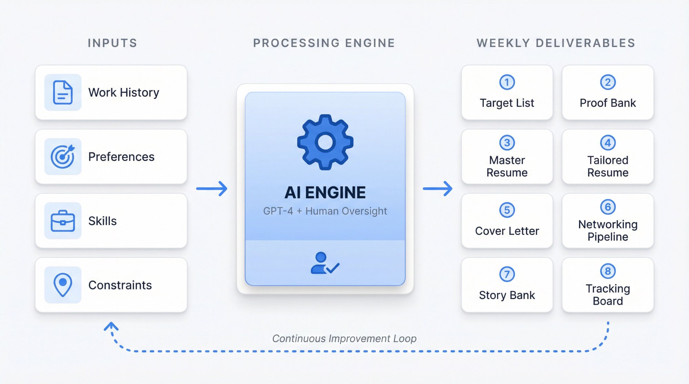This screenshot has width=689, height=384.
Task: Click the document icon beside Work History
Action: (x=63, y=92)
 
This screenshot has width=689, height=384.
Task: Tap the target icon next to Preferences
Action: (x=63, y=157)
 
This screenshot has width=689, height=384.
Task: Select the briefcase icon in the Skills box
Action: (x=63, y=221)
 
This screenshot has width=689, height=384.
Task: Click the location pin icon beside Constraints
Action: (x=63, y=285)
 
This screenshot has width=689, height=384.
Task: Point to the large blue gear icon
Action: (x=325, y=142)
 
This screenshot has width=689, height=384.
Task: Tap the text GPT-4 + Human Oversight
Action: (x=325, y=211)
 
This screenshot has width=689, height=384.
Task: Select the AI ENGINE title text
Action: (x=325, y=192)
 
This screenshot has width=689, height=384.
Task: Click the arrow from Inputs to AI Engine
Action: (x=212, y=189)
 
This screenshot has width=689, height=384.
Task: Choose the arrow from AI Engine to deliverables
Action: (x=438, y=189)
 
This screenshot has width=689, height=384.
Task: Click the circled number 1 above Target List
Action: (x=507, y=82)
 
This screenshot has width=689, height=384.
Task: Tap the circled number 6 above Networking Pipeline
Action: (x=608, y=207)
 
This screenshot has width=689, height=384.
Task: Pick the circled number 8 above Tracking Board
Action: (x=608, y=271)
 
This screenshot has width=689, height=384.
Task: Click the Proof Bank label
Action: (x=608, y=103)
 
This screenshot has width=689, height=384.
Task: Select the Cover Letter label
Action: (x=507, y=231)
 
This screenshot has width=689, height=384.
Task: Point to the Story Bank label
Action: (x=507, y=295)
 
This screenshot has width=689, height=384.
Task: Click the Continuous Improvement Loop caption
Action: (x=344, y=339)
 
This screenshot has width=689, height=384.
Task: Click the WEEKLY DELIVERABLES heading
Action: (x=556, y=43)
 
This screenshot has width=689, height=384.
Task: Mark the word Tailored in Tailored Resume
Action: (x=608, y=160)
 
